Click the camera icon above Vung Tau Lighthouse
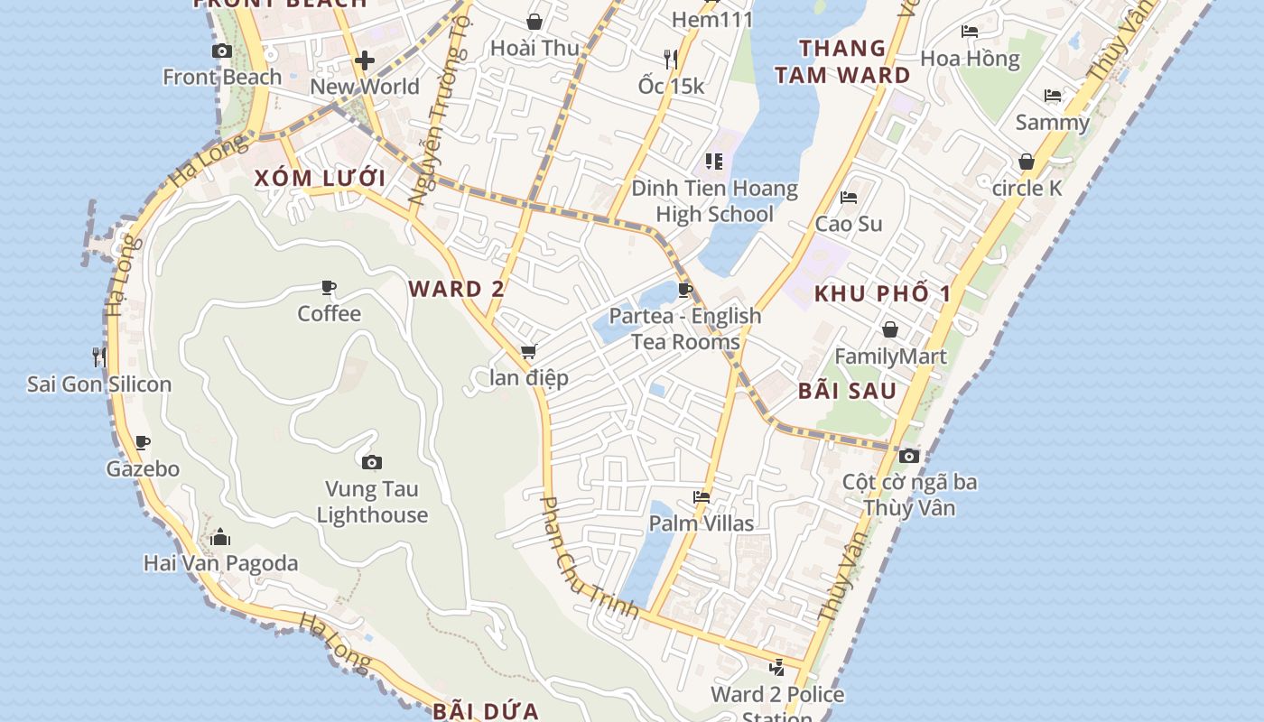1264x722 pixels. [x=371, y=463]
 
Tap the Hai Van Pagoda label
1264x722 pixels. [x=220, y=563]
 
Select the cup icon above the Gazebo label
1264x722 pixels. [x=143, y=442]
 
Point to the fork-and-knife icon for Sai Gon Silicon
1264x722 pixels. [x=99, y=356]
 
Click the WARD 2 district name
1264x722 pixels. [x=456, y=289]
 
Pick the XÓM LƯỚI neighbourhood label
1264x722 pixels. [x=320, y=178]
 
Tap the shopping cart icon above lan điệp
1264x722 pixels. [x=528, y=351]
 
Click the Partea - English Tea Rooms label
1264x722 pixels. [x=685, y=329]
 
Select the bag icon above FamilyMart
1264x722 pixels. [x=890, y=329]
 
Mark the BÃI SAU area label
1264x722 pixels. [x=847, y=390]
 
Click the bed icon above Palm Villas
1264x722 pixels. [x=702, y=496]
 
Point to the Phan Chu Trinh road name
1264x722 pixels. [x=589, y=558]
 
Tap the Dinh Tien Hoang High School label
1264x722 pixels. [x=714, y=201]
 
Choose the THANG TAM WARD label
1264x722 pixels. [x=842, y=61]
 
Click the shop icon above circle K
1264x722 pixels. [x=1027, y=162]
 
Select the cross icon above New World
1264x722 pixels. [x=365, y=60]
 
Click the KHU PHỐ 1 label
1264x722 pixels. [x=882, y=293]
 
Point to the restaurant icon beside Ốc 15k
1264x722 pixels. [x=670, y=60]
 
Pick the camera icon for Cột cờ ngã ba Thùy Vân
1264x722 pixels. [x=909, y=456]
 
